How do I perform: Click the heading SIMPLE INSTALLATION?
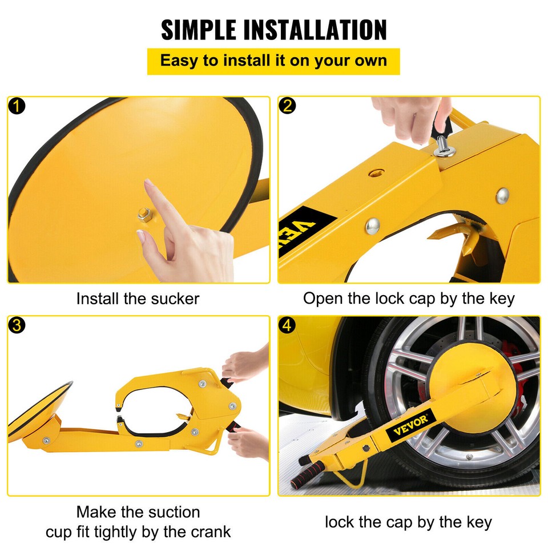pyautogui.click(x=274, y=30)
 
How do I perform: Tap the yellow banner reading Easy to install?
pyautogui.click(x=273, y=61)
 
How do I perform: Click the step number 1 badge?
pyautogui.click(x=18, y=106)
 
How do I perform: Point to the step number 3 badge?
pyautogui.click(x=18, y=325)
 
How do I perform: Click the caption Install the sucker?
pyautogui.click(x=138, y=299)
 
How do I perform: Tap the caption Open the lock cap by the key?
pyautogui.click(x=409, y=299)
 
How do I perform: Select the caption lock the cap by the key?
pyautogui.click(x=408, y=522)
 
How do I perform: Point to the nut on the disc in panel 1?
pyautogui.click(x=141, y=216)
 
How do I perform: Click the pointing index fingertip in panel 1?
pyautogui.click(x=150, y=184)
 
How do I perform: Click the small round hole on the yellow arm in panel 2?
pyautogui.click(x=376, y=172)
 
